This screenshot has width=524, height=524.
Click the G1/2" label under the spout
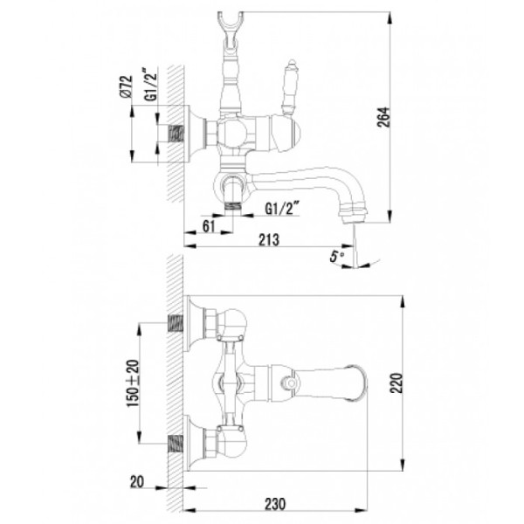click(281, 208)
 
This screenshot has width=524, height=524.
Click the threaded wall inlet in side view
click(181, 134)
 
